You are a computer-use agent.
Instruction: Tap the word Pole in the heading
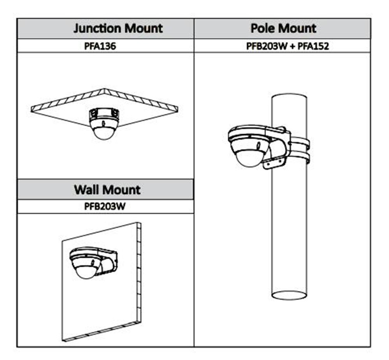point(264,28)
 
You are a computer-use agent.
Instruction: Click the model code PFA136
point(100,46)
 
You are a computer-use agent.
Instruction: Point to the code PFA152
point(314,46)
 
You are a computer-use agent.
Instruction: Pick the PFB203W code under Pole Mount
point(266,46)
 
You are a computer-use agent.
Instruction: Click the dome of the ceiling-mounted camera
point(103,132)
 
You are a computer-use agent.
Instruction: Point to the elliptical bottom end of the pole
point(289,295)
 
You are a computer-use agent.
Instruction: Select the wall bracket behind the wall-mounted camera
point(109,262)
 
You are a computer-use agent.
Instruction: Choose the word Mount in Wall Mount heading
point(122,190)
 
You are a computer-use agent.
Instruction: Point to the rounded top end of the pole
point(289,95)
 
